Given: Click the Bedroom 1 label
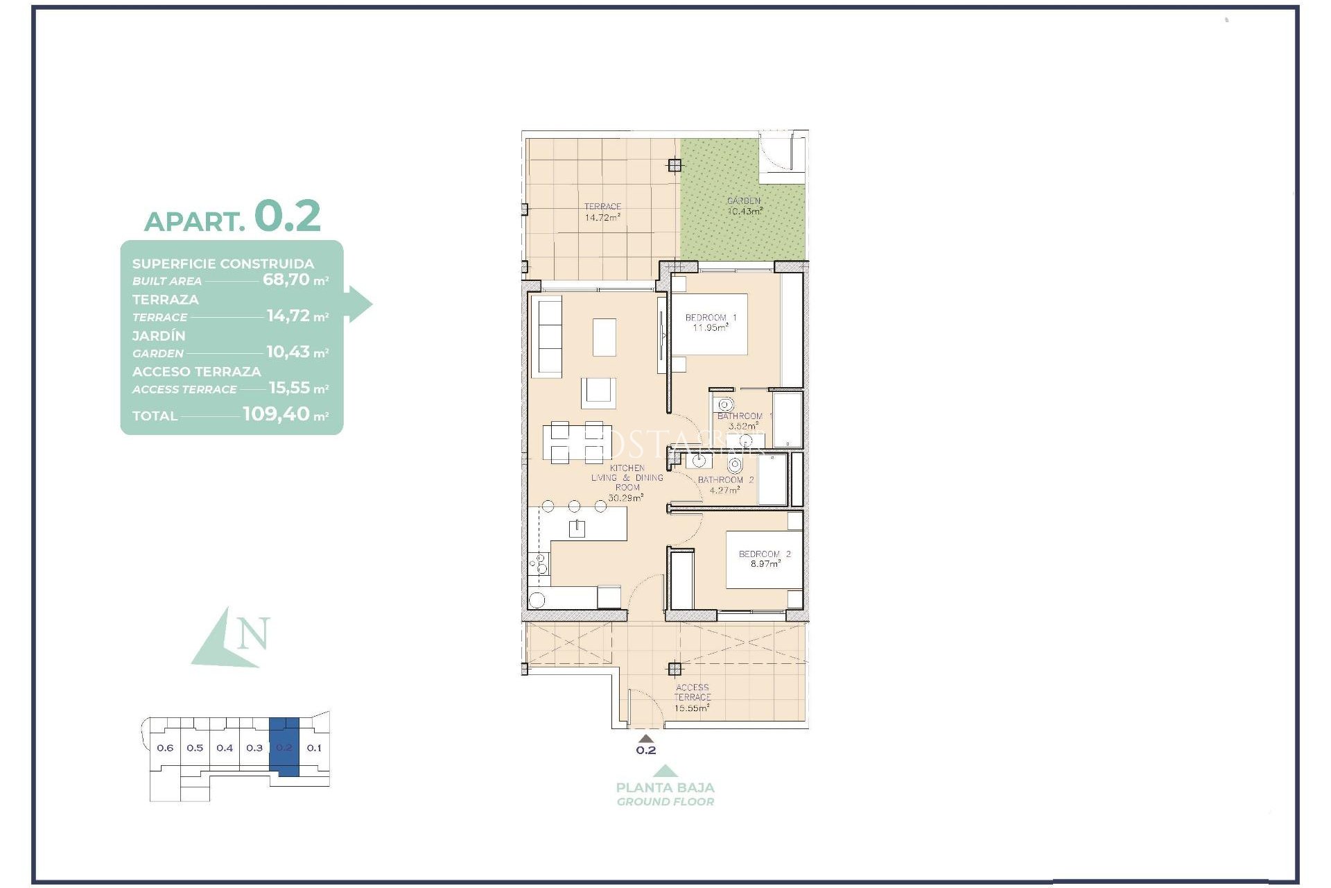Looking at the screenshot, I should click(711, 318).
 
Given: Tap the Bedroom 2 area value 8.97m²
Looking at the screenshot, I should click(765, 564).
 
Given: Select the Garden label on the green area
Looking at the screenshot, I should click(744, 201).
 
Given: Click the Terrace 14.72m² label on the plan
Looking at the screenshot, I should click(602, 212).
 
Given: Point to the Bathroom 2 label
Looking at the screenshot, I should click(725, 480).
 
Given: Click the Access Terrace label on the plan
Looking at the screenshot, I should click(692, 692).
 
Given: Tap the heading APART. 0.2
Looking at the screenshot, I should click(232, 216).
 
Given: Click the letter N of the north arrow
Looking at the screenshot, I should click(253, 633).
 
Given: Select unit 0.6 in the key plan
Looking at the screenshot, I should click(165, 748).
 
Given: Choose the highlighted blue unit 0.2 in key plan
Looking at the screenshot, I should click(284, 748).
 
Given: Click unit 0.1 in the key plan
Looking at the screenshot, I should click(314, 748).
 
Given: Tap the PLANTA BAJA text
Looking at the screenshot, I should click(665, 787).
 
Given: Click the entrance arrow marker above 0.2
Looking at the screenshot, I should click(645, 738).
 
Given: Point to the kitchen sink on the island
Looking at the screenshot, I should click(577, 529).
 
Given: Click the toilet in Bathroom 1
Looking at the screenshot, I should click(725, 404).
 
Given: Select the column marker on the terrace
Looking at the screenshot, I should click(675, 165).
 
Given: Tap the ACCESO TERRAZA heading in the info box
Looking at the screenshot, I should click(197, 371).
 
